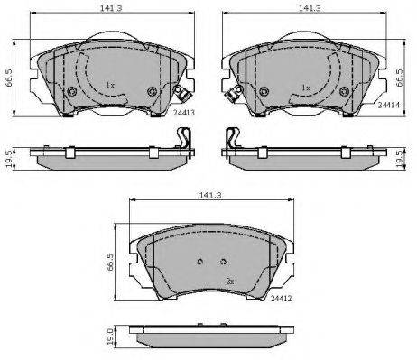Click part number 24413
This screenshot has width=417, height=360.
click(x=184, y=113)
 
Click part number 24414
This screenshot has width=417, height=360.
click(x=389, y=105)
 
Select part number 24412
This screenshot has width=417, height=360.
click(x=282, y=299)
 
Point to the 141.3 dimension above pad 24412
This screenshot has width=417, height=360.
click(x=210, y=195)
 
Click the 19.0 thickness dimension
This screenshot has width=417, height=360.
click(x=110, y=337)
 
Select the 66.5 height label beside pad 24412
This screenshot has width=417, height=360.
click(x=109, y=263)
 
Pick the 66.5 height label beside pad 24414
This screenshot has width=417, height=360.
click(x=400, y=78)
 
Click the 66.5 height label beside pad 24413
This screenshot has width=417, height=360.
click(x=8, y=78)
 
